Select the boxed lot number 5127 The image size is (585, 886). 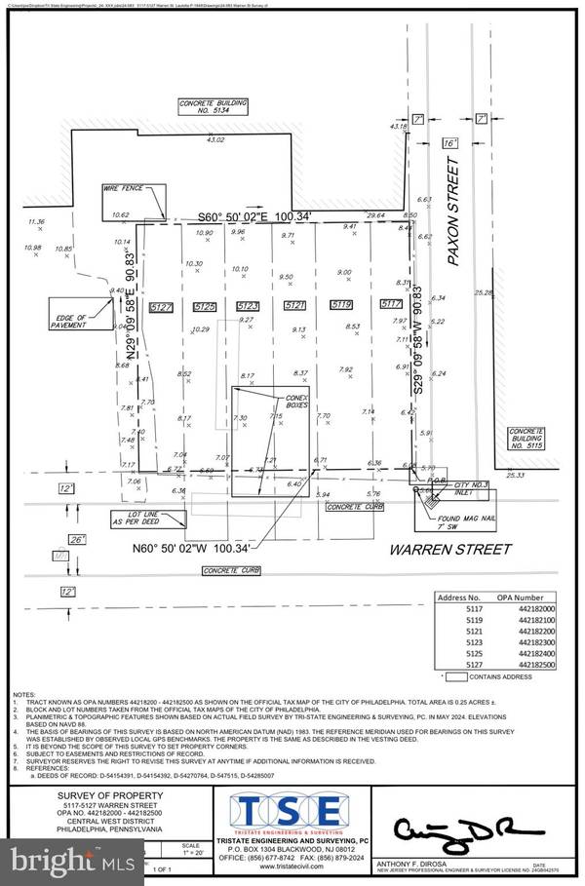coord(161,307)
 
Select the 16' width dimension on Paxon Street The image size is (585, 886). coord(449,142)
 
